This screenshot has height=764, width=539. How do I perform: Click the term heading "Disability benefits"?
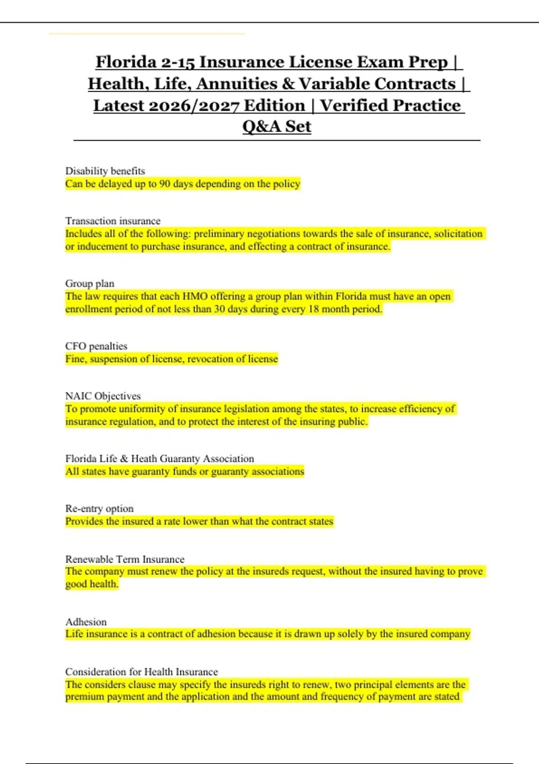pyautogui.click(x=105, y=171)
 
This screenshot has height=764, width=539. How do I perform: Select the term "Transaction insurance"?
pyautogui.click(x=113, y=221)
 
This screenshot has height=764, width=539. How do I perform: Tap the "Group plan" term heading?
pyautogui.click(x=90, y=284)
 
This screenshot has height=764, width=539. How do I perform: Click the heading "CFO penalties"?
pyautogui.click(x=96, y=346)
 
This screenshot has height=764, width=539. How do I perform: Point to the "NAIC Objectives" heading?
pyautogui.click(x=103, y=396)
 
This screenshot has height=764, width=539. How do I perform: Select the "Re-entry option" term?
pyautogui.click(x=99, y=509)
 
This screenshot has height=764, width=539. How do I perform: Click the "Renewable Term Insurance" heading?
pyautogui.click(x=125, y=559)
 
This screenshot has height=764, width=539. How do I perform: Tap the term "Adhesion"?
pyautogui.click(x=86, y=622)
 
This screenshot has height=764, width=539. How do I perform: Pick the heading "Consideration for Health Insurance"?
pyautogui.click(x=141, y=672)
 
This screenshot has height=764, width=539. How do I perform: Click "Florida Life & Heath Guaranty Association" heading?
pyautogui.click(x=159, y=459)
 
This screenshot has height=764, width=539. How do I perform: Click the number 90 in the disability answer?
pyautogui.click(x=164, y=184)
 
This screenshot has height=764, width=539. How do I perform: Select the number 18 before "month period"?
pyautogui.click(x=313, y=309)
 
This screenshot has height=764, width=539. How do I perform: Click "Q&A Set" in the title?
pyautogui.click(x=277, y=127)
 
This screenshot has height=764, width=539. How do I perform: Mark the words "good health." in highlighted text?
pyautogui.click(x=92, y=584)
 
